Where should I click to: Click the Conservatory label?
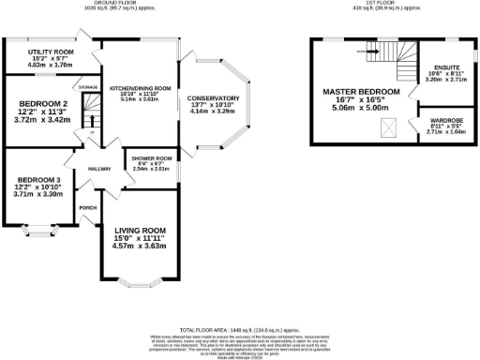coord(213,98)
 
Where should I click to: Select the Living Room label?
coord(140,230)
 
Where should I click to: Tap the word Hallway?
coord(100,169)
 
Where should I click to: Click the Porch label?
coord(88,207)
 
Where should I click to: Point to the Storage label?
coord(88,87)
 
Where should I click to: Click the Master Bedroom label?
coord(361,92)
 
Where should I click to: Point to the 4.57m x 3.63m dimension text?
coord(140,246)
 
